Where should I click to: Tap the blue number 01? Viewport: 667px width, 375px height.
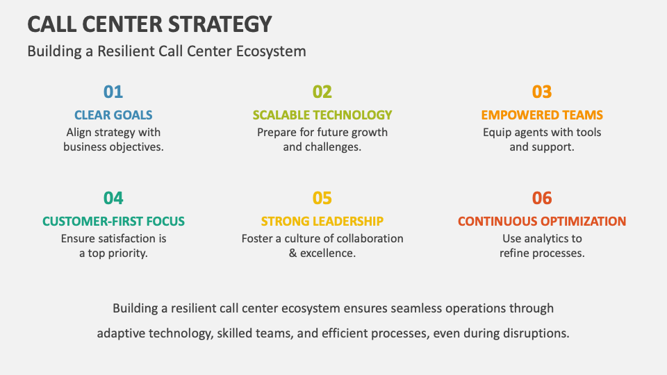pos(113,92)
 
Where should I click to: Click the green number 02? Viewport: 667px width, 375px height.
pos(322,92)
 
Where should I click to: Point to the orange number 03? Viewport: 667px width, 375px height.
pos(542,92)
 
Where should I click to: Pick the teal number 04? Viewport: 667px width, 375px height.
pos(113,198)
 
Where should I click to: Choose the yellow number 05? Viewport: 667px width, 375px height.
pos(322,198)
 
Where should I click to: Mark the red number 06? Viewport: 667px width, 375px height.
pos(542,198)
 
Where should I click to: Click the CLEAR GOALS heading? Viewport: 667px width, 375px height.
pos(113,115)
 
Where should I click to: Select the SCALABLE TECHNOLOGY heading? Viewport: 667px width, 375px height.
pos(322,115)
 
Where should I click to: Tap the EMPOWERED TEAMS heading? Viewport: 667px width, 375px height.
pos(542,115)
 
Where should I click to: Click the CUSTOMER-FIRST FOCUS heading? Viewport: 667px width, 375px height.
pos(113,222)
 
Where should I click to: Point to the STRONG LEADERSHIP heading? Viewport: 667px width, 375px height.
pos(322,222)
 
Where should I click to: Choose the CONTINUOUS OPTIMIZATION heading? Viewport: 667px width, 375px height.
pos(542,222)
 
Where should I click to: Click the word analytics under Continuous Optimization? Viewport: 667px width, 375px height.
pos(545,238)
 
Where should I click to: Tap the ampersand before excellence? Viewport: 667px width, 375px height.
pos(293,253)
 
